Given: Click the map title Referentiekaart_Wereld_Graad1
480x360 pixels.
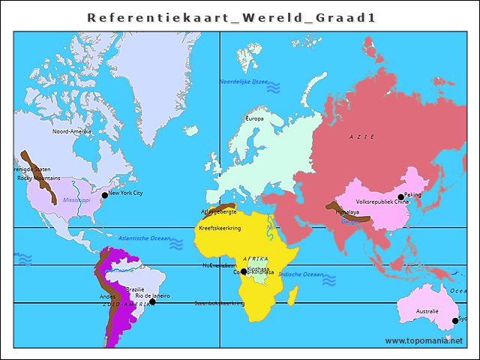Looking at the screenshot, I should [231, 17].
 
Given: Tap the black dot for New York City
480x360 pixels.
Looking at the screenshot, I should [105, 195].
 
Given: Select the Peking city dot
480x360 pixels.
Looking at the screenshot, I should [400, 196].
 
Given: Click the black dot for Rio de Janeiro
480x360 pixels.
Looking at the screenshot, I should [152, 301].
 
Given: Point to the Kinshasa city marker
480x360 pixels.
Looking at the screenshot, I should [244, 271].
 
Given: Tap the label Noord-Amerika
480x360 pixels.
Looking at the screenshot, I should [71, 131].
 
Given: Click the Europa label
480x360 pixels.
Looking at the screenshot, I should [255, 118].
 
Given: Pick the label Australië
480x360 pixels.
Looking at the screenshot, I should [427, 310].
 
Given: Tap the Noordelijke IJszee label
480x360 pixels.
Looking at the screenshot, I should [243, 81].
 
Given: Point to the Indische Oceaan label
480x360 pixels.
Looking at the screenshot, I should [301, 274].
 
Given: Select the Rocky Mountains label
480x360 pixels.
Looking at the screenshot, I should [39, 178].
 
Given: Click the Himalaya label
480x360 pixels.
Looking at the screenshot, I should [347, 212].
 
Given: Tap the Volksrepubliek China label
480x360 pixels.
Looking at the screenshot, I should [382, 202].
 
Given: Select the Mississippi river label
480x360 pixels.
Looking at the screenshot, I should [76, 200].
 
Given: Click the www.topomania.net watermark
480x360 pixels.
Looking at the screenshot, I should [424, 340].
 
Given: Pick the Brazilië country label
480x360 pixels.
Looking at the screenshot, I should [135, 289].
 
